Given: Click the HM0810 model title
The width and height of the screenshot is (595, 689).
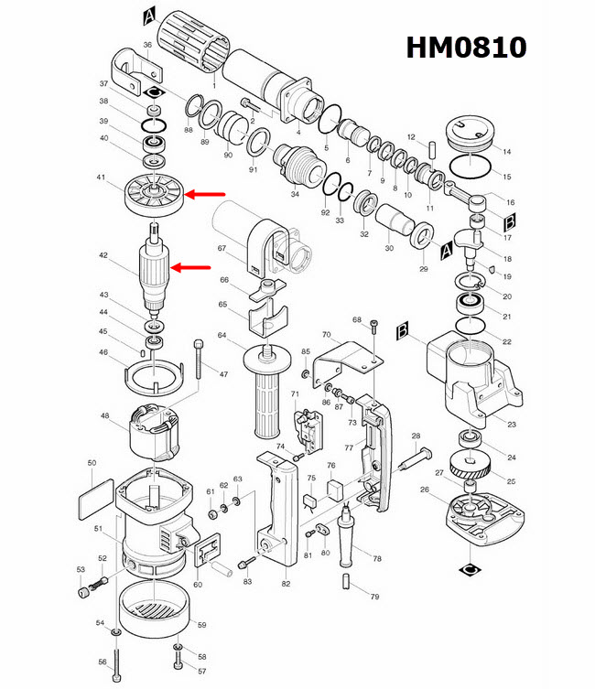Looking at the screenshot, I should coord(466,48).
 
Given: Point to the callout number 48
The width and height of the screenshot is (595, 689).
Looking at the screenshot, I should coord(105,416).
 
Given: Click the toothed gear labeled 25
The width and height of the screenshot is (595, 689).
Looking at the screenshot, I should coord(472,473).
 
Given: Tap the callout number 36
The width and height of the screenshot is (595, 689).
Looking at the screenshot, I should coord(147,45).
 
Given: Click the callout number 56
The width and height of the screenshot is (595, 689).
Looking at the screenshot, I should coord(102,662).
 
